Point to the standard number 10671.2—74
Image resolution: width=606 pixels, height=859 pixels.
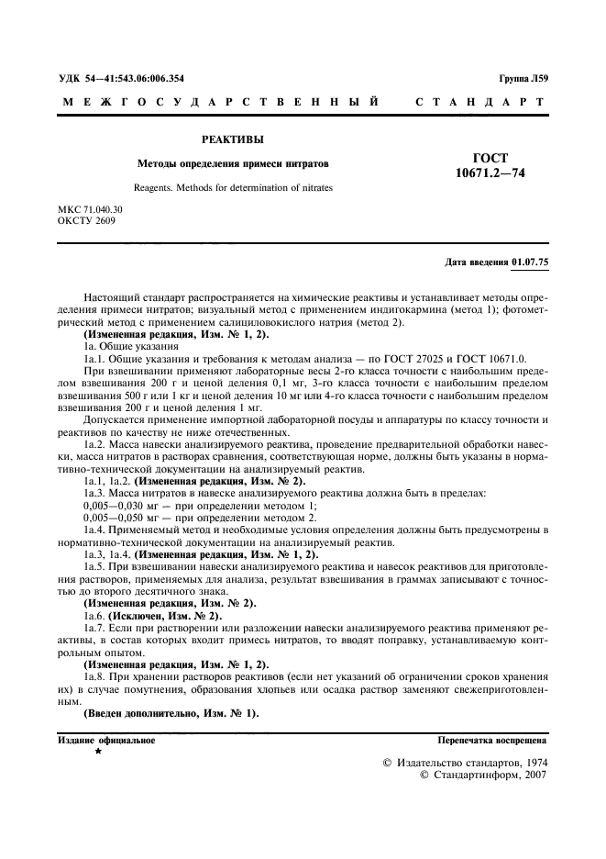coord(490,173)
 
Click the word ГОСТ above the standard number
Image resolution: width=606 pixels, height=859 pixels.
coord(490,158)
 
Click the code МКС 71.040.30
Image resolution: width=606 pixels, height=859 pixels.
coord(90,210)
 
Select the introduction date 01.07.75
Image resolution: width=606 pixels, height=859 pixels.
coord(530,262)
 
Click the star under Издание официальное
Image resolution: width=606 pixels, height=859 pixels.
coord(98,752)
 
